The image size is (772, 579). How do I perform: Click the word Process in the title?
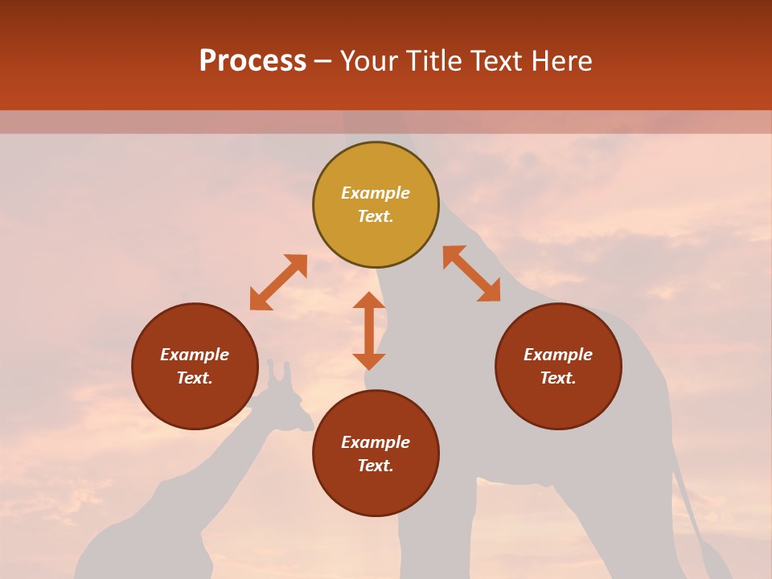pos(253,61)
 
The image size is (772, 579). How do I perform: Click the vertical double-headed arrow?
pos(369,331)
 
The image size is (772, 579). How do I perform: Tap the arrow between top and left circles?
pos(278,282)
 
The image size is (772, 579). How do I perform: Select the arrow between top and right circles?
pos(471,273)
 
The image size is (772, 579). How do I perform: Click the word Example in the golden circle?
pos(376,193)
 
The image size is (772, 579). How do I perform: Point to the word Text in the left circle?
pos(195,378)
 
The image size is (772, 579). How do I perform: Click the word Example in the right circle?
pos(558,355)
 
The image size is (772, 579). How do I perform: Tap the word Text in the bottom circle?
pos(376,466)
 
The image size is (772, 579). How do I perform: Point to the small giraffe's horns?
pos(277,371)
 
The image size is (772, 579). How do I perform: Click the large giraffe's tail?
pos(690,507)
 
